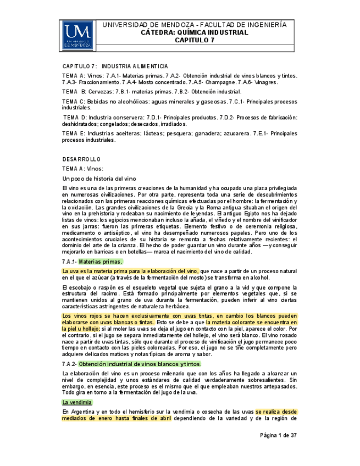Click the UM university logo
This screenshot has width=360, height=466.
76,35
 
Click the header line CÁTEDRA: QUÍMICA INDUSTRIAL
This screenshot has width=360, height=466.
195,32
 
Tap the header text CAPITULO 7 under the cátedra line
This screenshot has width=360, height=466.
195,40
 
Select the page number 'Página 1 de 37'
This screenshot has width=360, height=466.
278,435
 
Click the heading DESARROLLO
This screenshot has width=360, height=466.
81,159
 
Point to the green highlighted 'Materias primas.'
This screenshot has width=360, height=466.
101,262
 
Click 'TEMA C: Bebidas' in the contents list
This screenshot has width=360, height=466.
88,102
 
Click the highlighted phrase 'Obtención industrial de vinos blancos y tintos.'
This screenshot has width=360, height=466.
140,364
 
